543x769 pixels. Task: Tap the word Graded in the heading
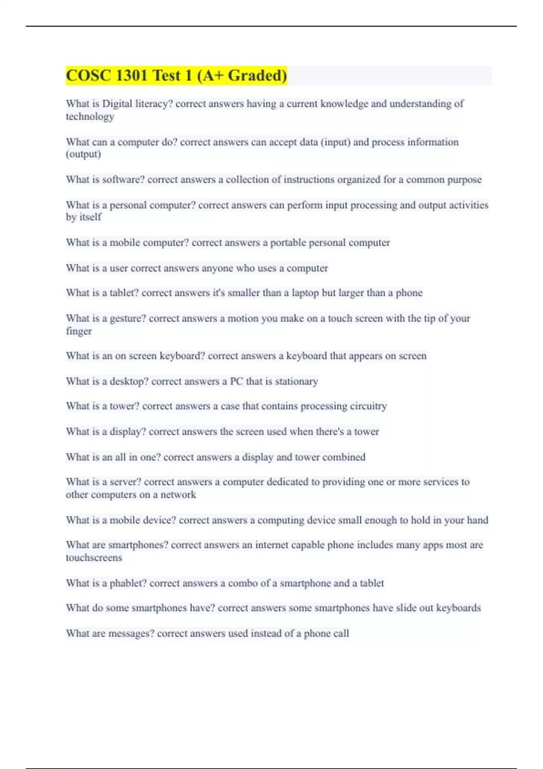click(x=257, y=76)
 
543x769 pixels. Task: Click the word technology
click(x=90, y=117)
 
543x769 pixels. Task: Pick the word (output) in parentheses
click(x=83, y=154)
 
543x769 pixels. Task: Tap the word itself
click(x=90, y=217)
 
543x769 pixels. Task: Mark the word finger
click(x=79, y=331)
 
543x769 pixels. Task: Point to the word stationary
click(x=296, y=381)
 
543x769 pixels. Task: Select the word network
click(x=178, y=495)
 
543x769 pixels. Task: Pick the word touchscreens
click(x=94, y=558)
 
